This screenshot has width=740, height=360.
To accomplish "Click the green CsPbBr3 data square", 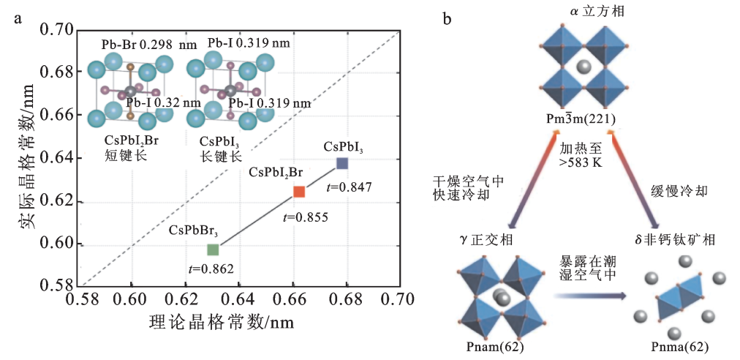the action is [213, 250].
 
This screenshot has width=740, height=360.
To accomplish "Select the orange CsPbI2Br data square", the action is [299, 191].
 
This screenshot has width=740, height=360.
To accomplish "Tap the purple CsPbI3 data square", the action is [342, 163].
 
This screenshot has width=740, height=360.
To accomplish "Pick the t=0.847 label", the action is [350, 187].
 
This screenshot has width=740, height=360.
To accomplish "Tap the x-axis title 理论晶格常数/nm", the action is [221, 322].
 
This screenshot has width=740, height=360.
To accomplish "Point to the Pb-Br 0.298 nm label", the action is [148, 45].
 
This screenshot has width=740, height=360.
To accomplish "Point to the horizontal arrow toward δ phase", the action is [591, 296].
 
